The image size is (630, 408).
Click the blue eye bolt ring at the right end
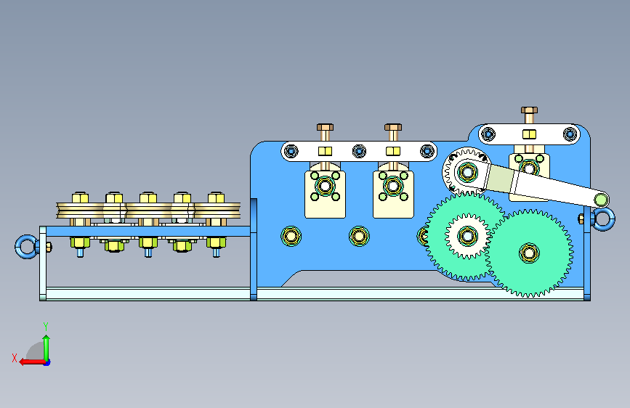611,219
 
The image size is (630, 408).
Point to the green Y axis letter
46,327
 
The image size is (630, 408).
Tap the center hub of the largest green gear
529,253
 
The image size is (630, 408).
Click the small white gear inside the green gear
467,236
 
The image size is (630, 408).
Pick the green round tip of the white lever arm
601,199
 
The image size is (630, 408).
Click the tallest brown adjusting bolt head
529,110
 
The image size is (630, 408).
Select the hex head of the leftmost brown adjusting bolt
325,127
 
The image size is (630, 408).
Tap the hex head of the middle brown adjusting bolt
393,127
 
